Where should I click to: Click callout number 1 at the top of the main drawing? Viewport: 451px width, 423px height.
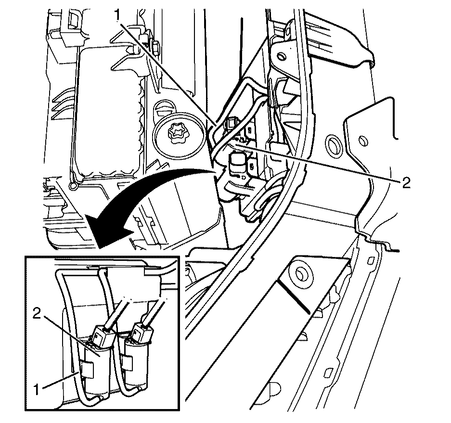point(117,14)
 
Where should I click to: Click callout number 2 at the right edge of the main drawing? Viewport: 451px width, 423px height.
point(406,182)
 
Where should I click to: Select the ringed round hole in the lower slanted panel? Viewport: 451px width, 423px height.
point(301,274)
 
